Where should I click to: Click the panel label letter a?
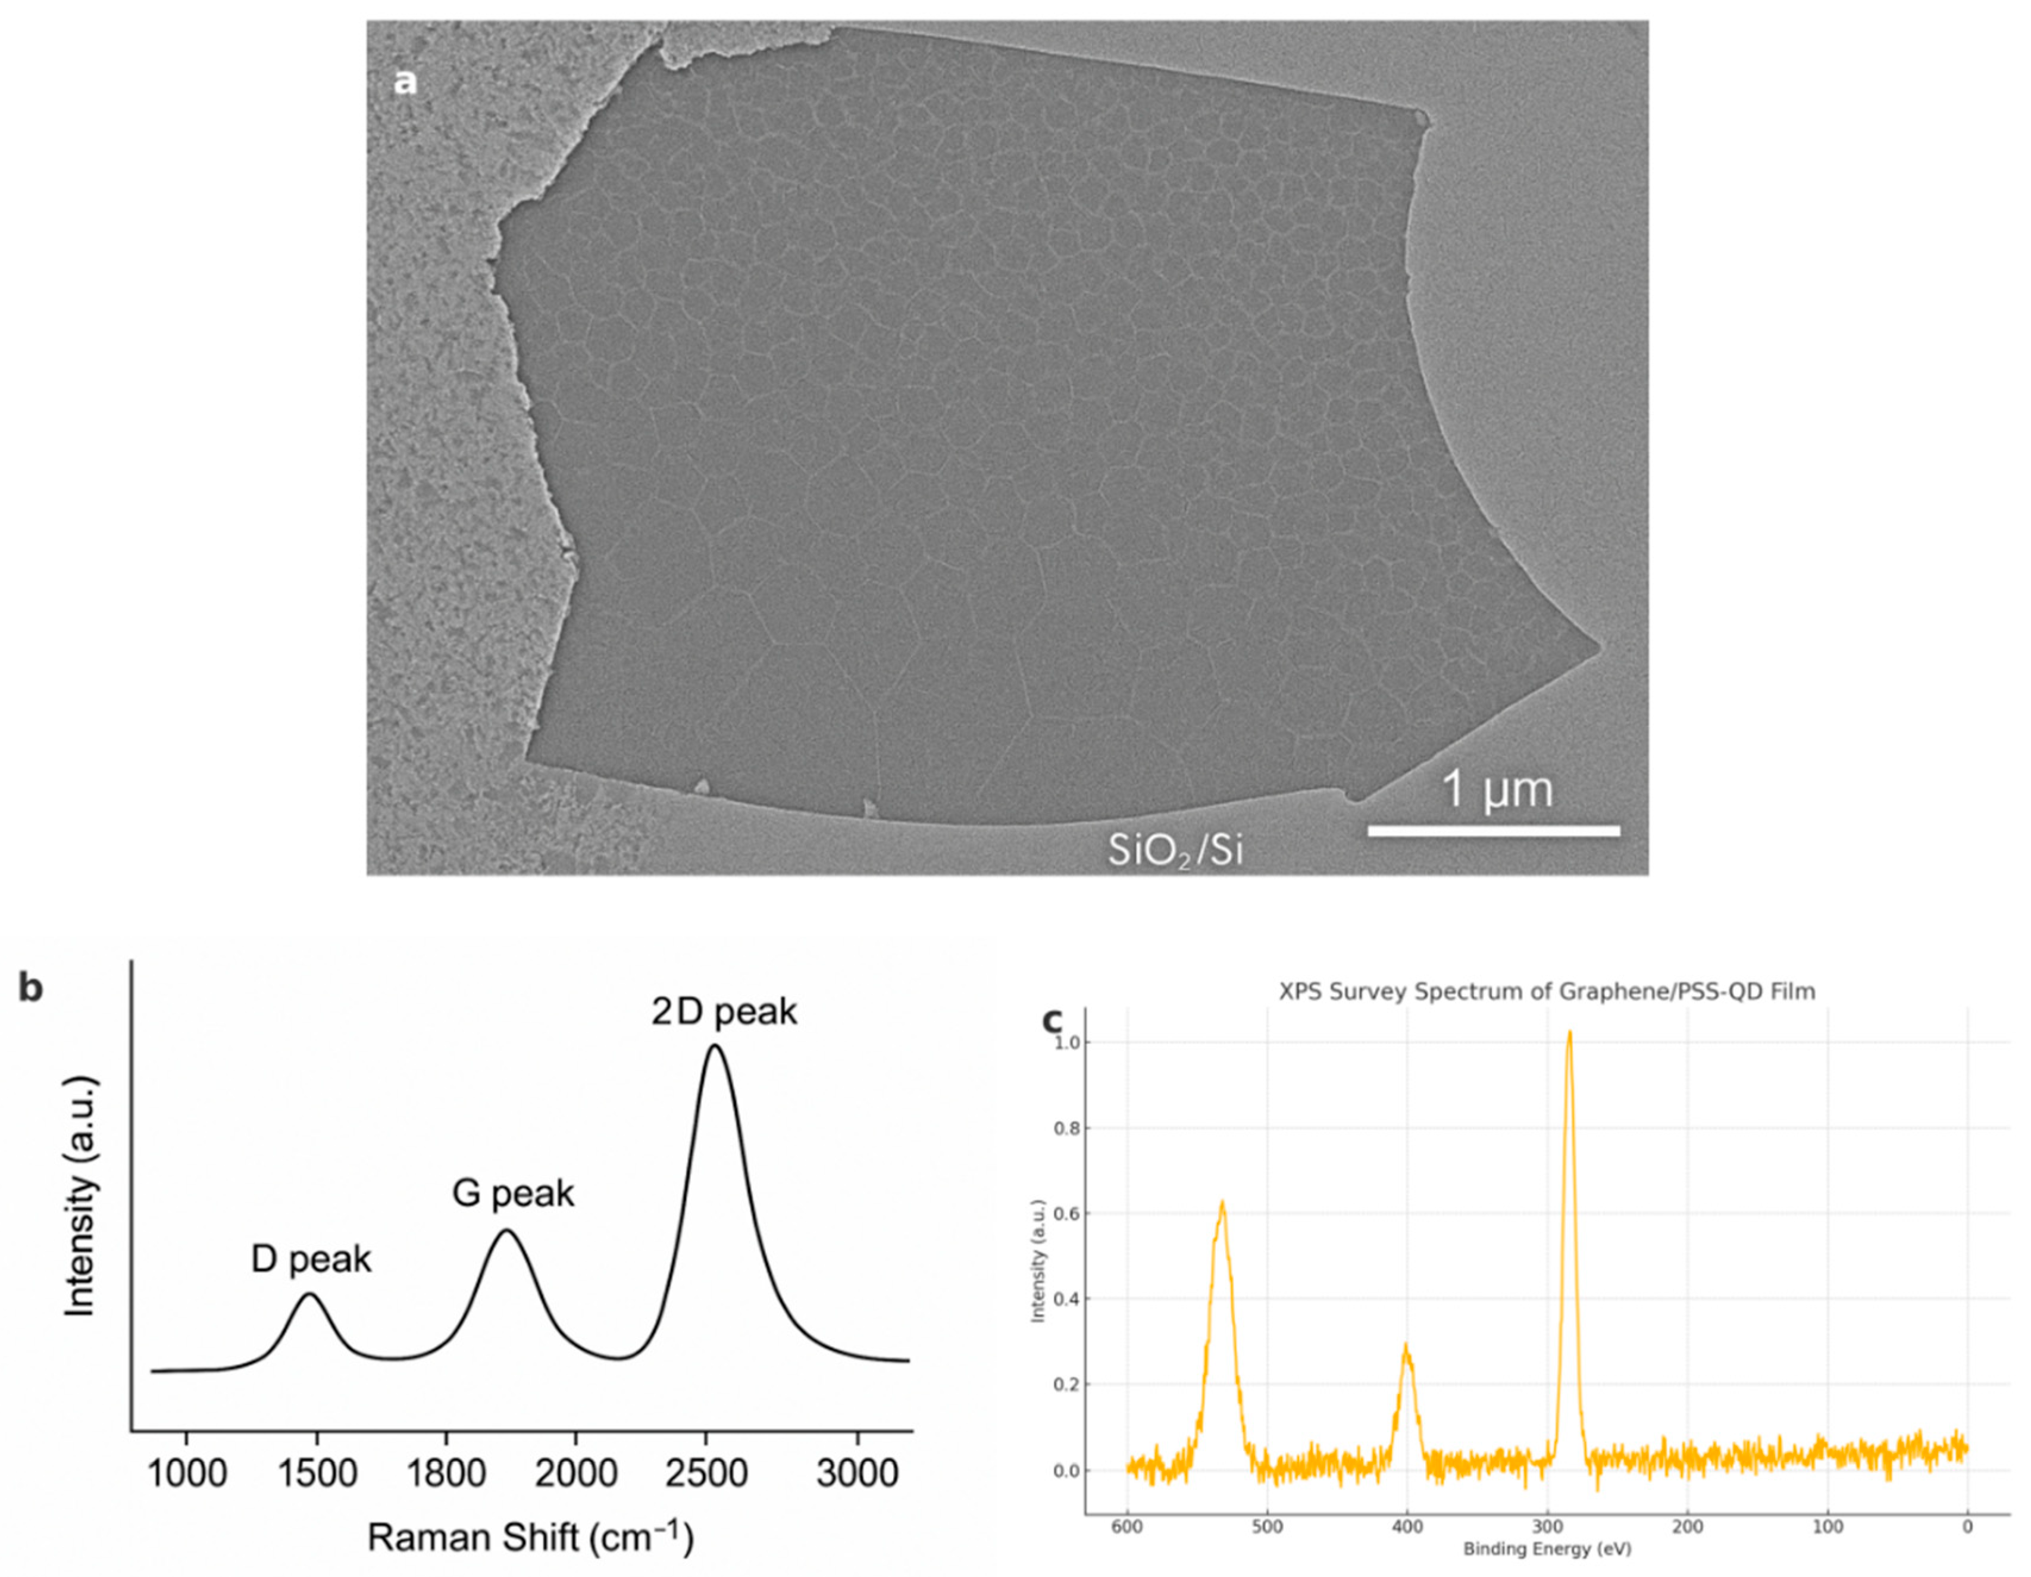click(405, 83)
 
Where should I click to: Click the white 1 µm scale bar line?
click(1494, 830)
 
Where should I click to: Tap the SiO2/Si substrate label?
click(1175, 850)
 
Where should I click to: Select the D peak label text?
click(311, 1260)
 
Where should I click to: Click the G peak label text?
click(514, 1194)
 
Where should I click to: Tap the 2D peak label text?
click(724, 1012)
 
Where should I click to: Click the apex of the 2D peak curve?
click(714, 1046)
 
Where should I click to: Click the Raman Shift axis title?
click(530, 1538)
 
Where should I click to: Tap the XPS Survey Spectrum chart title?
click(1547, 992)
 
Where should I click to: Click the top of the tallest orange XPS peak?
click(1570, 1032)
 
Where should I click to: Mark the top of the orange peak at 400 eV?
click(1406, 1346)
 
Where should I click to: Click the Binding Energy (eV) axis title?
click(1547, 1549)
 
